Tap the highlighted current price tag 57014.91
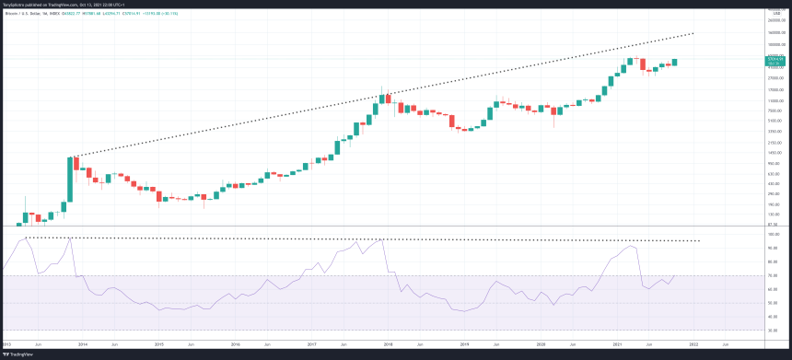tap(775, 59)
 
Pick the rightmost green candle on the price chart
tap(675, 62)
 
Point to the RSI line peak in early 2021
tap(630, 246)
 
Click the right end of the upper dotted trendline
tap(693, 34)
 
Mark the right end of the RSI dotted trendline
tap(700, 240)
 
